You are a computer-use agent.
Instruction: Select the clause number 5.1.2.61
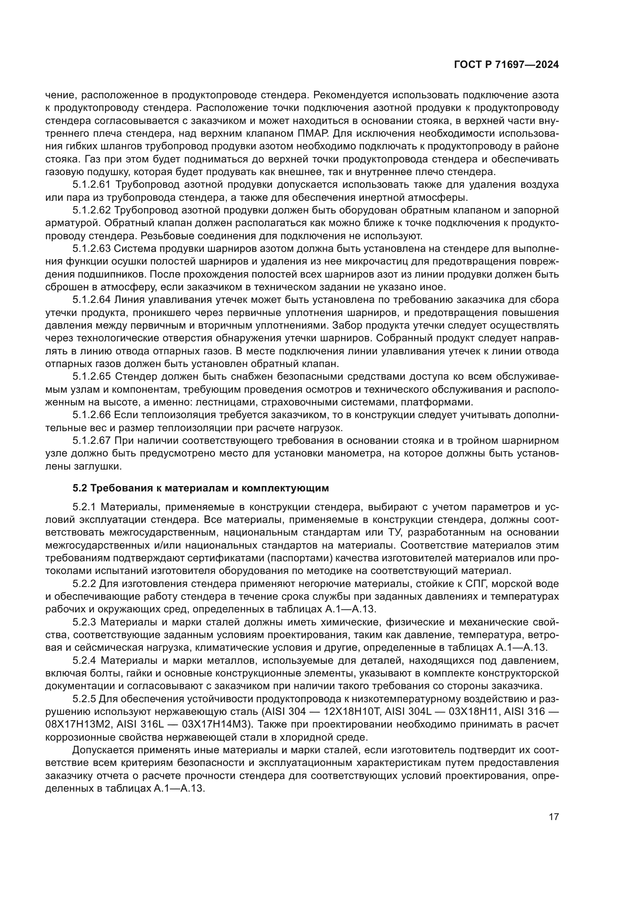(92, 185)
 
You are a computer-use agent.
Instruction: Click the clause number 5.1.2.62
(92, 210)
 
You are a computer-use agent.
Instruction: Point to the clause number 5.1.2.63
(92, 249)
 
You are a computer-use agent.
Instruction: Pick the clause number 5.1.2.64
(92, 300)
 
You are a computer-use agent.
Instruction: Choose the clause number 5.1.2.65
(92, 377)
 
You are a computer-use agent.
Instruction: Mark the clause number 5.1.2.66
(92, 415)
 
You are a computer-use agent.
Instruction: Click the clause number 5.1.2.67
(92, 441)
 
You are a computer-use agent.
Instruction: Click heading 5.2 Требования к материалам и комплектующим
(200, 488)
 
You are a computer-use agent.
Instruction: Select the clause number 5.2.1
(84, 507)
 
